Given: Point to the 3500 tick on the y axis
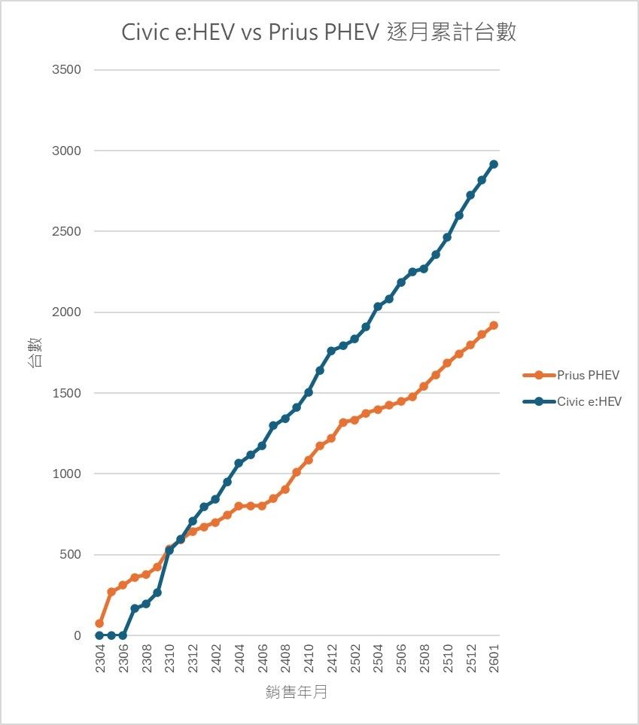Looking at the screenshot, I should point(66,70).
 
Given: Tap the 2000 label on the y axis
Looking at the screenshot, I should point(66,312).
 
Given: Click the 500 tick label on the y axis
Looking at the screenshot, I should point(69,555).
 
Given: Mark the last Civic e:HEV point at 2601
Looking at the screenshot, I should point(494,164).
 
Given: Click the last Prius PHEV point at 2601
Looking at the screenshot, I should point(494,325).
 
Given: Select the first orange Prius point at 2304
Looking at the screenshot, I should point(99,623).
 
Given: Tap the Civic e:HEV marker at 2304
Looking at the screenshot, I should point(99,635).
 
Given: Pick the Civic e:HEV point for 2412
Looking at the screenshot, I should point(331,351).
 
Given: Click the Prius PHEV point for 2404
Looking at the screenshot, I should point(239,507).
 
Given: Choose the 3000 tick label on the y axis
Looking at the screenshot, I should point(66,151).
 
